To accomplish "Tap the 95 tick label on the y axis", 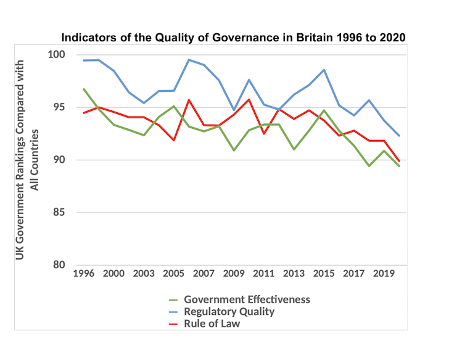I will tap(59, 108).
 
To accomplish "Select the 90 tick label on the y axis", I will tap(59, 160).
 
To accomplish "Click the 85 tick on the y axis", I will tap(59, 213).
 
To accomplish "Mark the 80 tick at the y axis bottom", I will tap(59, 266).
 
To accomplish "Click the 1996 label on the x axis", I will tap(84, 273).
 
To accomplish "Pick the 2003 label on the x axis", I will tap(144, 273).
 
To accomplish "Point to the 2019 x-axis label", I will tap(384, 273).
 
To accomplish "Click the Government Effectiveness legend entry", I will tap(247, 300).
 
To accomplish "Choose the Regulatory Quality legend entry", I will tap(229, 312).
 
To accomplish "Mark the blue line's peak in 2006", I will tap(189, 60).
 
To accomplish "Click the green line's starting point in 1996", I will tap(84, 89).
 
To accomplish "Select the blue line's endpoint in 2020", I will tap(399, 136).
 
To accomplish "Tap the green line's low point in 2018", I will tap(369, 166).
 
